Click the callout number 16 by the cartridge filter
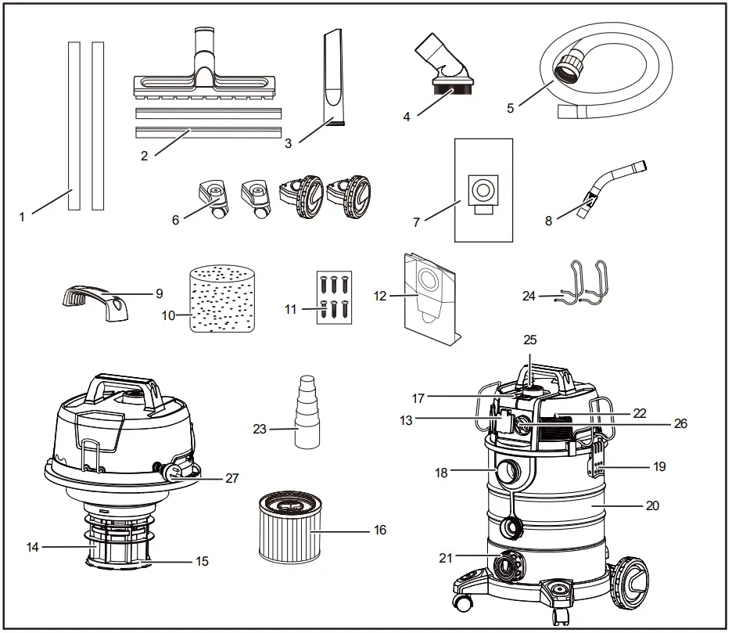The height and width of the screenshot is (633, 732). [x=379, y=530]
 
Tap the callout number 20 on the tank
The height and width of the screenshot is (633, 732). [x=653, y=505]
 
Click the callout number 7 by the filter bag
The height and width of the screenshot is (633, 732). [x=417, y=222]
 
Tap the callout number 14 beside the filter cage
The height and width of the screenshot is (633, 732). [x=32, y=548]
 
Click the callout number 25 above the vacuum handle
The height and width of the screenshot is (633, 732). [x=531, y=341]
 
